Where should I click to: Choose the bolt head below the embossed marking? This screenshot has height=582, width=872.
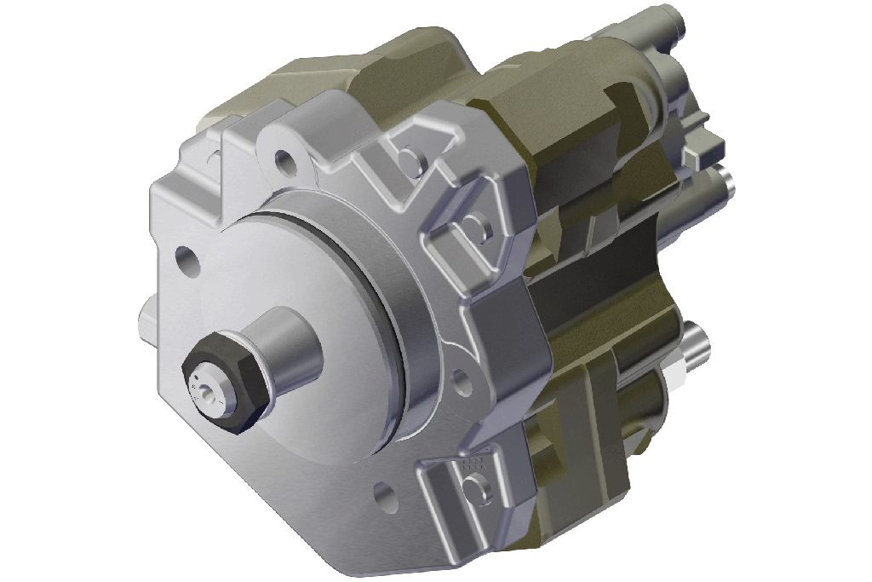tap(478, 487)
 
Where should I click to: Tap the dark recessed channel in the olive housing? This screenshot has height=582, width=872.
tap(596, 281)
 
